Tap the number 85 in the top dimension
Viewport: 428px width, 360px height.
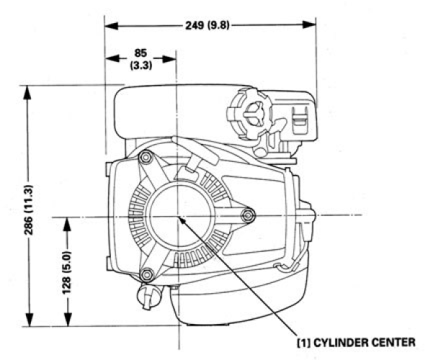pyautogui.click(x=141, y=53)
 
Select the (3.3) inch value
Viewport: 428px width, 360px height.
pyautogui.click(x=141, y=65)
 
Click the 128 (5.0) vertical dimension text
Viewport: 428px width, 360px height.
pyautogui.click(x=67, y=270)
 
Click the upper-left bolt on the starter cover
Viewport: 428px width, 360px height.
pyautogui.click(x=146, y=157)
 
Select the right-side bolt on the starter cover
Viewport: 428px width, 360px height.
pyautogui.click(x=248, y=214)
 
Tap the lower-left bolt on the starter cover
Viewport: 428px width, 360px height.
pyautogui.click(x=147, y=274)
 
